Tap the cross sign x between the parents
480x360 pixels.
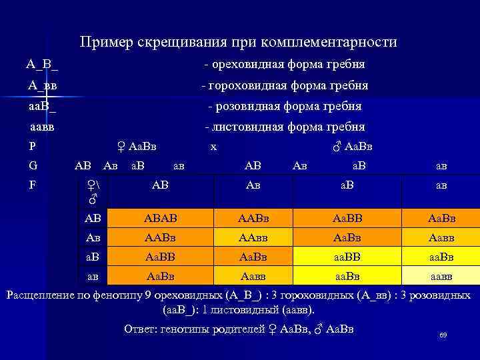213,147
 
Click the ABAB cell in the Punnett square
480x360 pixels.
160,218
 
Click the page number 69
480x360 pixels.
443,335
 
